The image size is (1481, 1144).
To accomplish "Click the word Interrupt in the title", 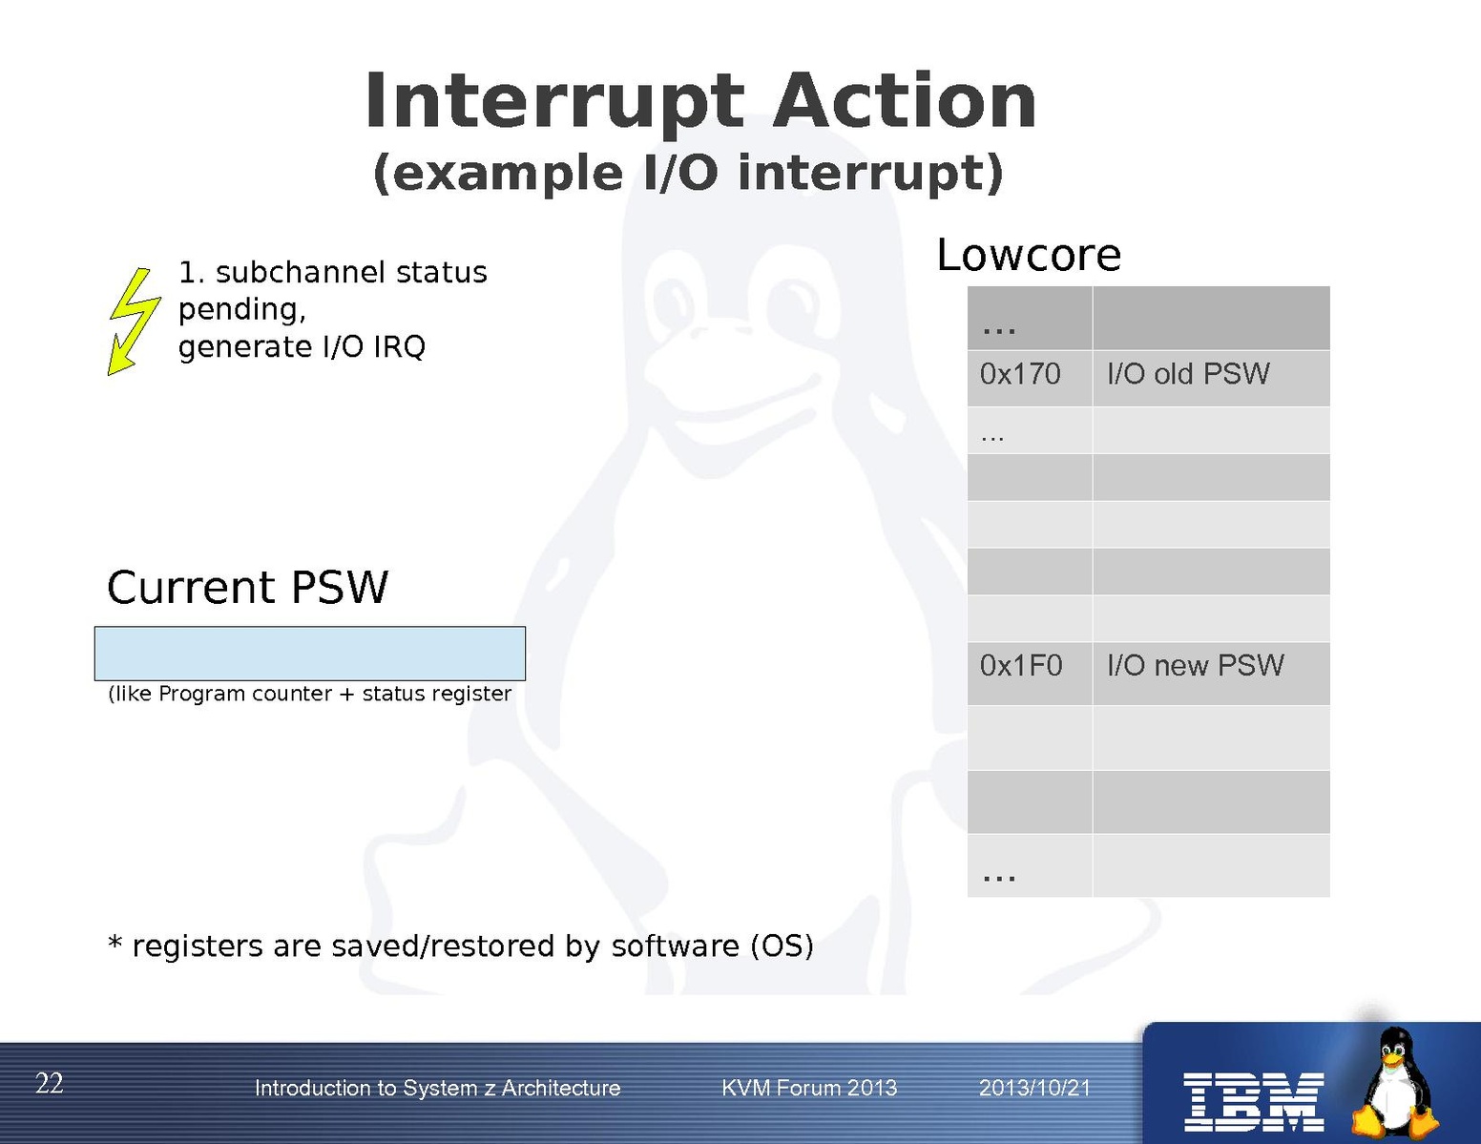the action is (x=553, y=101).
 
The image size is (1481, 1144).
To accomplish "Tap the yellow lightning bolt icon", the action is (x=135, y=321).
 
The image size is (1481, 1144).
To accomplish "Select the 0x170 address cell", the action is (x=1029, y=378).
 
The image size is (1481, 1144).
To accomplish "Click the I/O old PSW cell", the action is (x=1211, y=378).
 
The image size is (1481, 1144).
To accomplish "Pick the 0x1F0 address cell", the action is (x=1029, y=673).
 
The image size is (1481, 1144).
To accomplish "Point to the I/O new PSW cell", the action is (x=1211, y=673).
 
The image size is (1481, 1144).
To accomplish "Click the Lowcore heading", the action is (x=1029, y=255).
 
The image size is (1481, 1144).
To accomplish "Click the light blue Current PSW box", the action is (x=310, y=654).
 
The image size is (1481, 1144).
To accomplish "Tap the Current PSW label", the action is (x=247, y=587).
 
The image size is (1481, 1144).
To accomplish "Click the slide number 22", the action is (x=49, y=1083).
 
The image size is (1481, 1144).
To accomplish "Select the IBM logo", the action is (x=1253, y=1102).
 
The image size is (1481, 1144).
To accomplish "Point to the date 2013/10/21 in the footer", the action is (x=1034, y=1088).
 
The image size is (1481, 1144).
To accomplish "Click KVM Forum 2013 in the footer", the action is (x=809, y=1088).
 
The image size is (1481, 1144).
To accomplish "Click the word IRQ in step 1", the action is (x=399, y=346).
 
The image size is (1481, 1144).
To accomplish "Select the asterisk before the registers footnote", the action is (x=115, y=944).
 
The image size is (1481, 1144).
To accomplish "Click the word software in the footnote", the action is (x=675, y=946).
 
